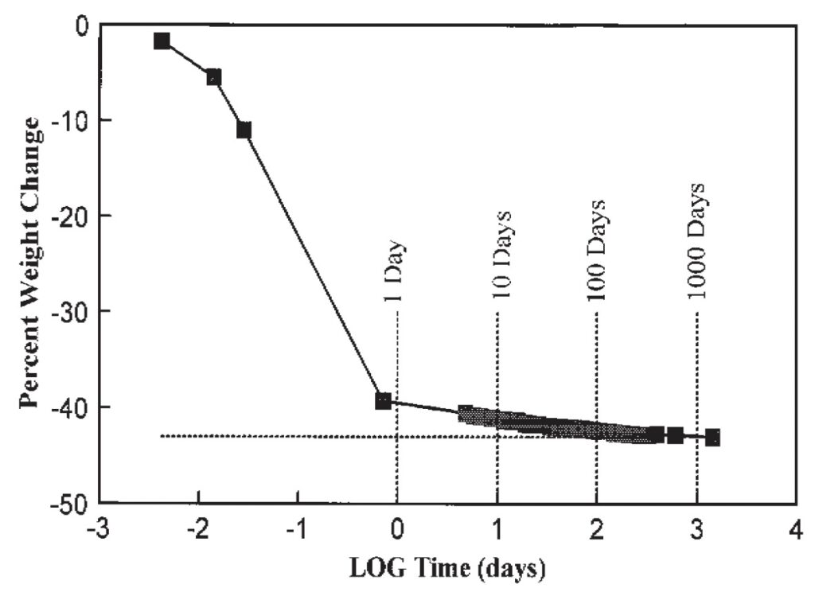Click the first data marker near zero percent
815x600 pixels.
pos(162,41)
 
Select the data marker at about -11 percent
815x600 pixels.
pos(244,130)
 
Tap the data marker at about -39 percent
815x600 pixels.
pos(383,401)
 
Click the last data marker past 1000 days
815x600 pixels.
pos(712,438)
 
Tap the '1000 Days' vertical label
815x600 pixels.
pos(696,242)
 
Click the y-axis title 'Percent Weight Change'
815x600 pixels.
pos(31,262)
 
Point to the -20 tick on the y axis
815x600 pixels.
pos(68,216)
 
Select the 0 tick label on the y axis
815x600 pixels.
pos(79,25)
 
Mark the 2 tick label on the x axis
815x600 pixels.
pos(597,531)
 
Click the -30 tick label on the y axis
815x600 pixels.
pos(68,311)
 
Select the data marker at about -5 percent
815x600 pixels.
pos(213,77)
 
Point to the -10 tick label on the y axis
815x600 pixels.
pos(68,120)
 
